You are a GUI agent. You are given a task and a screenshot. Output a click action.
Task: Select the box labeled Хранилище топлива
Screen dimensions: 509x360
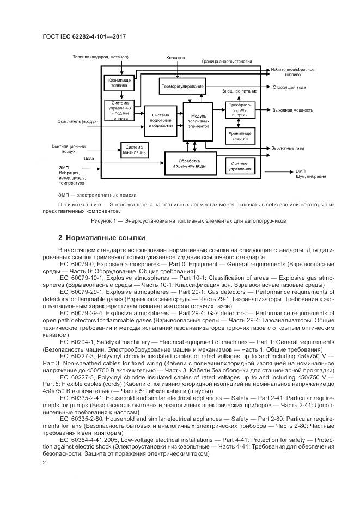(119, 82)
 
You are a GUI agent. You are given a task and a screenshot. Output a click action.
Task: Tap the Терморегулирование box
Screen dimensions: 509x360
(182, 87)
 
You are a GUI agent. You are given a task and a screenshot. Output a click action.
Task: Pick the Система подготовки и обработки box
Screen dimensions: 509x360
(161, 120)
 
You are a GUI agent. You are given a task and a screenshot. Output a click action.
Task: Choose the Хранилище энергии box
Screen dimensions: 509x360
(240, 136)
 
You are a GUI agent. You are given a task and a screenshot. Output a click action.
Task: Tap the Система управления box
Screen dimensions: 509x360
(240, 167)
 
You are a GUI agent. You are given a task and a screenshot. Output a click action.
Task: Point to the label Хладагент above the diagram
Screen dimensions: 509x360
(176, 57)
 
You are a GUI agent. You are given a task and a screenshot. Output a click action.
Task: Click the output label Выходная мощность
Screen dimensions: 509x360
(292, 111)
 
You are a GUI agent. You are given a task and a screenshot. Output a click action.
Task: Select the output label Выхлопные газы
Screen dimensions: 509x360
(288, 148)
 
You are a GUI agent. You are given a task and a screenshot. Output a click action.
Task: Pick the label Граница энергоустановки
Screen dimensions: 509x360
(227, 62)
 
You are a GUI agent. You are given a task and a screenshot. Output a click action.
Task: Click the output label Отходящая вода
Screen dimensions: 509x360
(289, 87)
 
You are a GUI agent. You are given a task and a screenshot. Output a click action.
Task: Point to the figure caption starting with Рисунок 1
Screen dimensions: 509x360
(180, 221)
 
